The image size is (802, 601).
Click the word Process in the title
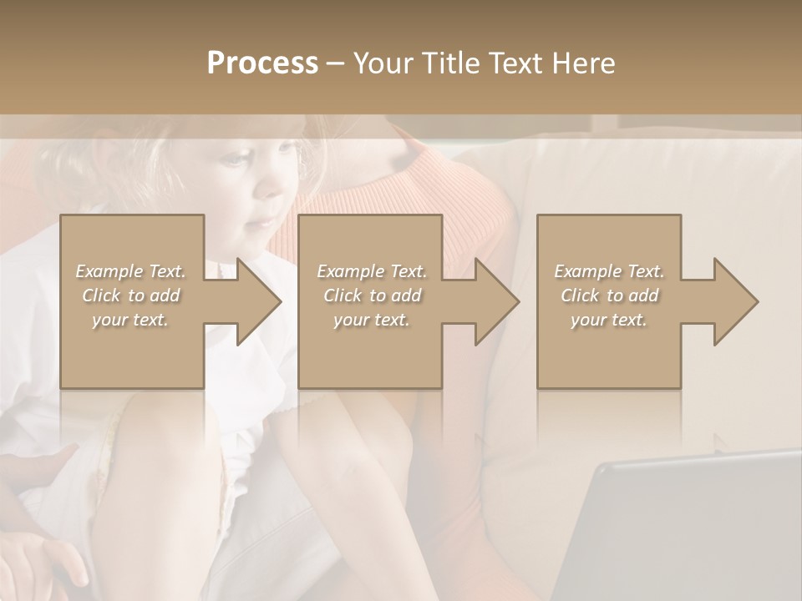tap(262, 63)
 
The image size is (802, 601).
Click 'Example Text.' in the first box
tap(130, 271)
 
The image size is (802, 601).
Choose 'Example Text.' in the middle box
tap(372, 271)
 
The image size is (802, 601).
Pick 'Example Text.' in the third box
tap(609, 271)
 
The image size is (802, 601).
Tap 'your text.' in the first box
tap(130, 320)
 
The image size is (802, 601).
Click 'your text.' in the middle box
tap(372, 320)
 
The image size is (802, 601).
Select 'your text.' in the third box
tap(609, 320)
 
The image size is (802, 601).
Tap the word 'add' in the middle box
tap(407, 295)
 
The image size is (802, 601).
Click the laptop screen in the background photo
tap(685, 534)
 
